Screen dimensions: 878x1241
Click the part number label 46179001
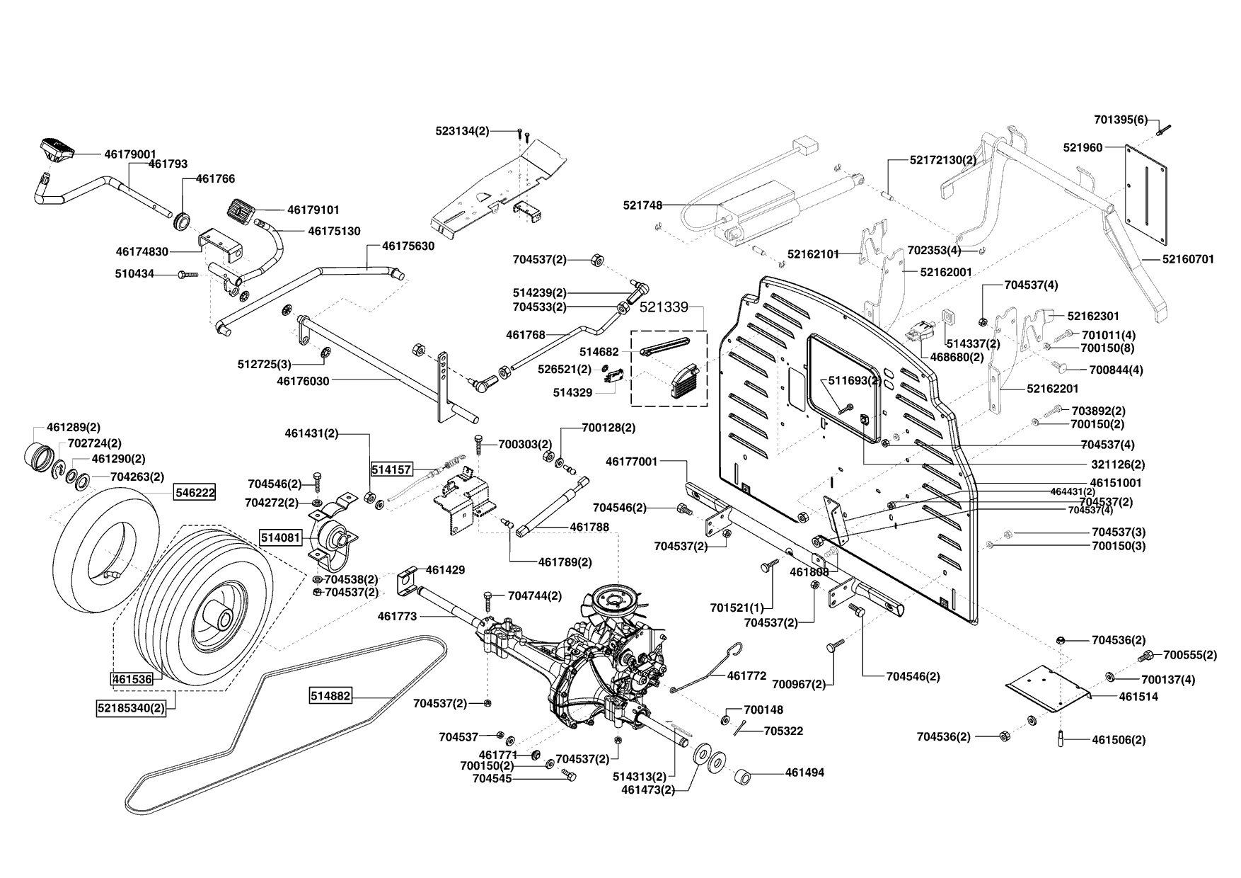[x=130, y=153]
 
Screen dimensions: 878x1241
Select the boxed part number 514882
[x=330, y=696]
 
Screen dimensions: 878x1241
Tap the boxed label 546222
[x=195, y=492]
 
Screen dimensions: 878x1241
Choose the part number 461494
[x=804, y=772]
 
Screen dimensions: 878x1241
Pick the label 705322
[x=783, y=731]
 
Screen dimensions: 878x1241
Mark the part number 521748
[x=642, y=205]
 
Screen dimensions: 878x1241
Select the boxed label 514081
[x=281, y=537]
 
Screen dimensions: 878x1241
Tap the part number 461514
[x=1138, y=697]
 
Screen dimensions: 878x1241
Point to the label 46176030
[x=303, y=381]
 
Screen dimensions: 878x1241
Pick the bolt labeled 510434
[x=189, y=274]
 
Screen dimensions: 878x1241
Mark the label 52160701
[x=1188, y=260]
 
